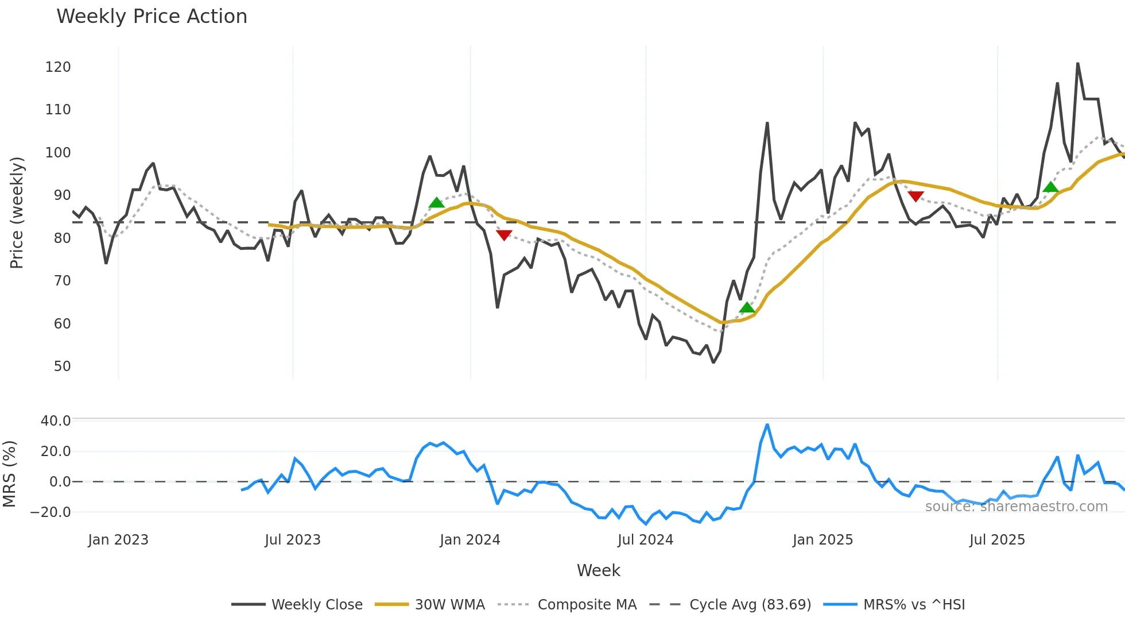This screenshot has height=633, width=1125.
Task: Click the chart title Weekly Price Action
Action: [x=152, y=17]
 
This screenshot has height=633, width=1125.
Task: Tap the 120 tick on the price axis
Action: [x=58, y=67]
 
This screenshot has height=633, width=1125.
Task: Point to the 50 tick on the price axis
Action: [x=62, y=366]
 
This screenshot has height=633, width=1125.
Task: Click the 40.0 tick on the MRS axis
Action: [x=56, y=421]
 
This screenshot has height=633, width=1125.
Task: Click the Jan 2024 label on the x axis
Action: [x=470, y=540]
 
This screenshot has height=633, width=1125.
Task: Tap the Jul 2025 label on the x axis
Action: [x=997, y=540]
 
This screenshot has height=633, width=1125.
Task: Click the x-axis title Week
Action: [x=598, y=570]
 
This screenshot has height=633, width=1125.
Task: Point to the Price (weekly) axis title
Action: [x=17, y=213]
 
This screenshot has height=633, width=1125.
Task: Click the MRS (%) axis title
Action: [x=9, y=474]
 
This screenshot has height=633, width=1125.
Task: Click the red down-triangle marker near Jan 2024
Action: [x=504, y=235]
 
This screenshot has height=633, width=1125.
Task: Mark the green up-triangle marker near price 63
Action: [x=747, y=308]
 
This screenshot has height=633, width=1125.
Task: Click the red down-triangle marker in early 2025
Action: [x=915, y=196]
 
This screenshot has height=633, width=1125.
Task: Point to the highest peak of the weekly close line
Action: [x=1077, y=64]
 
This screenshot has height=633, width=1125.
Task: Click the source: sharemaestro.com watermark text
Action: [x=1016, y=507]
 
